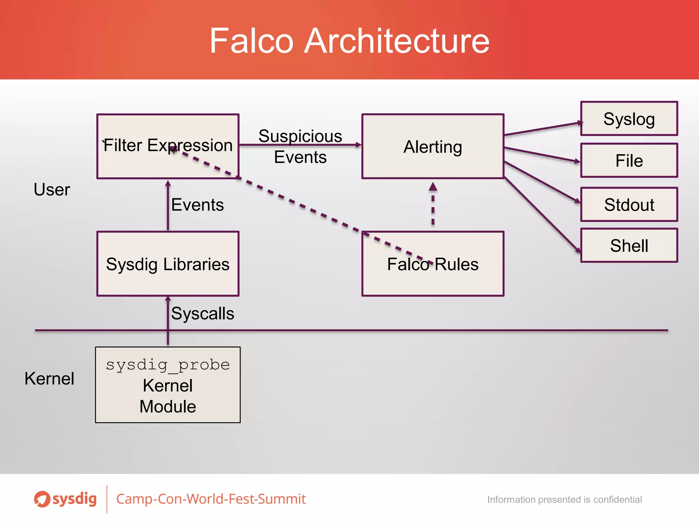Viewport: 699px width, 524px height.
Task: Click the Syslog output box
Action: (629, 119)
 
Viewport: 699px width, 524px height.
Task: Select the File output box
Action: (629, 160)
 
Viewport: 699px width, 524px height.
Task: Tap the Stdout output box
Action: (629, 204)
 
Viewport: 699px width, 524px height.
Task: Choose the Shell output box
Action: (629, 246)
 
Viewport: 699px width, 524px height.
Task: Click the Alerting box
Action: (432, 146)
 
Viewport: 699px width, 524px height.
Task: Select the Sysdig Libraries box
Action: (168, 264)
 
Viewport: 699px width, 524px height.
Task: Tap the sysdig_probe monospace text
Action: (168, 364)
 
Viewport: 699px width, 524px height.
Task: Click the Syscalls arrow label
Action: (202, 313)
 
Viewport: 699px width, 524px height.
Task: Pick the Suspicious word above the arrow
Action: (300, 136)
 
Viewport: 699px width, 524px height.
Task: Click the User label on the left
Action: (52, 189)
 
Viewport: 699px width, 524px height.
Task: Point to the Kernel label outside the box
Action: (49, 378)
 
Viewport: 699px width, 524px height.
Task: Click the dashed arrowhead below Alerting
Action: (433, 187)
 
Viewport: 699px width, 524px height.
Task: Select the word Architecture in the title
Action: (397, 41)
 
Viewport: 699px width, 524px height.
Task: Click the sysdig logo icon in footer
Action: (42, 499)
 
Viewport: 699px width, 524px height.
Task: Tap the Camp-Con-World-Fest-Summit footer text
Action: (211, 499)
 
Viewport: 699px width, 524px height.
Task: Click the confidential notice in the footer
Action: (564, 499)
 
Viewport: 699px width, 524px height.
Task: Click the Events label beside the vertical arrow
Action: (197, 205)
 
